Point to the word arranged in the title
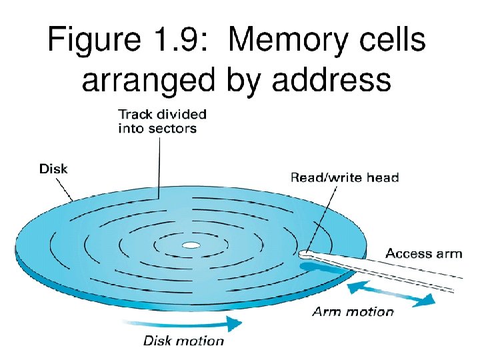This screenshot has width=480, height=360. [x=143, y=81]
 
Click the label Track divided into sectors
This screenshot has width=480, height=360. [x=161, y=121]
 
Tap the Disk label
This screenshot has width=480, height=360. [x=53, y=169]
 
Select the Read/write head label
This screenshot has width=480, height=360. [x=344, y=177]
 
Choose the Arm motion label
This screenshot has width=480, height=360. [x=353, y=311]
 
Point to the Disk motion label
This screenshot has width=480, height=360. [x=184, y=341]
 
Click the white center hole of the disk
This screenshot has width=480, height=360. [x=191, y=245]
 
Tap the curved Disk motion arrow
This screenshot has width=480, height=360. [x=193, y=324]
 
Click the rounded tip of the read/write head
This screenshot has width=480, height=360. [x=305, y=253]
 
